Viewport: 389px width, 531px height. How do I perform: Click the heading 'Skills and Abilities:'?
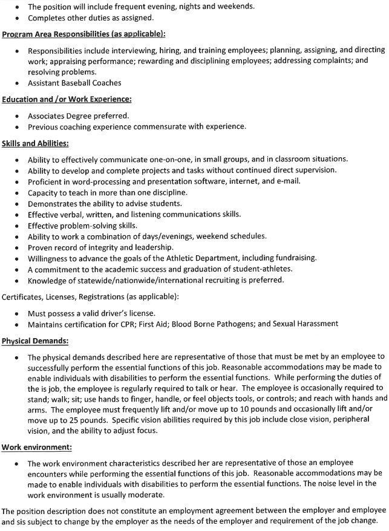tap(35, 143)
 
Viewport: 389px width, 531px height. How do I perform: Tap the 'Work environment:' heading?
tap(36, 447)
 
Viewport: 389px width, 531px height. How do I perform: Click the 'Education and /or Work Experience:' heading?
tap(67, 99)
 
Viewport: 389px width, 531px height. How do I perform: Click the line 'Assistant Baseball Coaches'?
tap(74, 83)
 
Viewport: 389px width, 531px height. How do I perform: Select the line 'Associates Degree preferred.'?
tap(78, 116)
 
